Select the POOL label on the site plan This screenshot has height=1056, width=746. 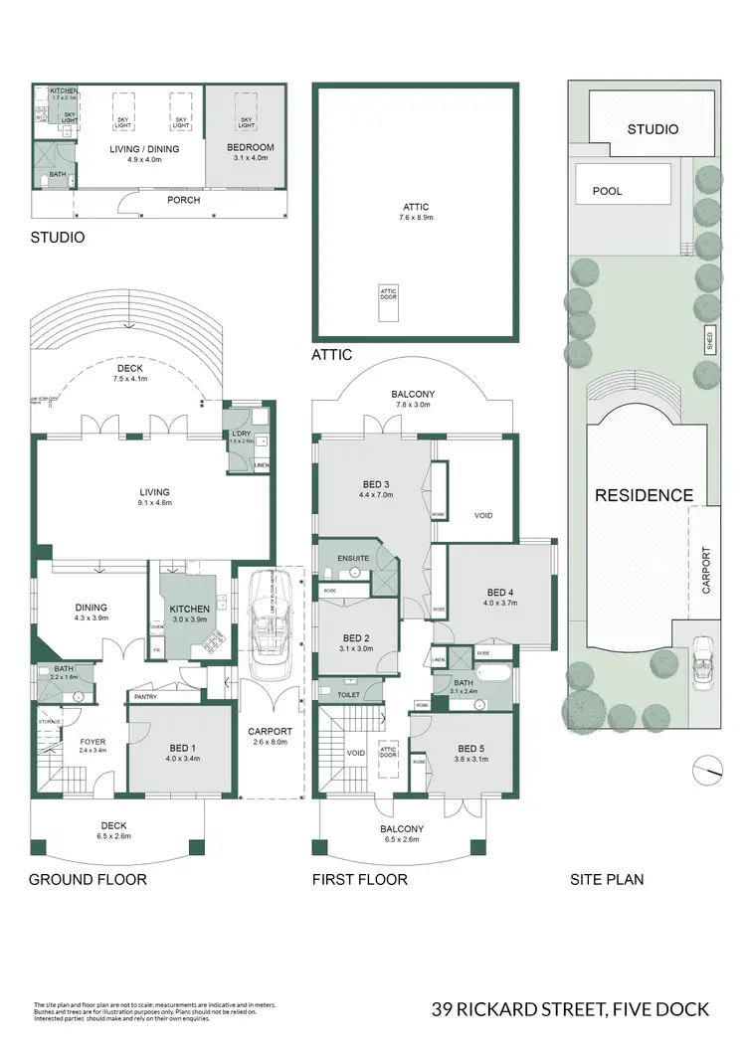pyautogui.click(x=607, y=190)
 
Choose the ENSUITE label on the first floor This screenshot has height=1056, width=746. pyautogui.click(x=353, y=558)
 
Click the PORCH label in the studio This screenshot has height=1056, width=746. pyautogui.click(x=183, y=200)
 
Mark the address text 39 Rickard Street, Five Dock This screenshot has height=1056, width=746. pyautogui.click(x=570, y=1009)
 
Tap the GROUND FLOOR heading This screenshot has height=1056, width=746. pyautogui.click(x=88, y=879)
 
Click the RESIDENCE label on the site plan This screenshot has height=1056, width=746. pyautogui.click(x=644, y=495)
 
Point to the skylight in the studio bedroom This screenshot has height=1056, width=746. pyautogui.click(x=245, y=111)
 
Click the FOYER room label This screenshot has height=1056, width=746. pyautogui.click(x=93, y=742)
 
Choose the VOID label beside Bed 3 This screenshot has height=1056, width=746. pyautogui.click(x=483, y=515)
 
